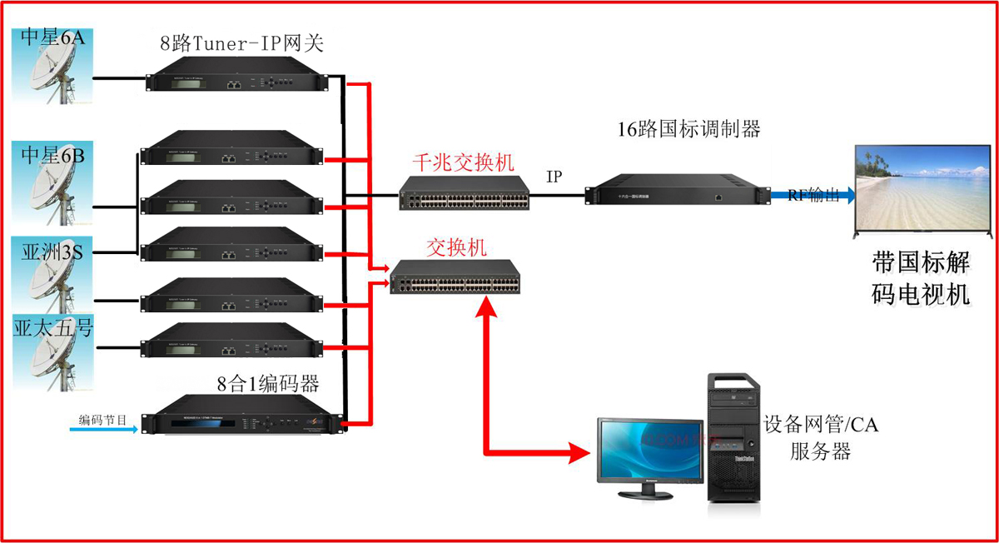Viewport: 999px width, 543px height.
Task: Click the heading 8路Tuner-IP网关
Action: point(241,43)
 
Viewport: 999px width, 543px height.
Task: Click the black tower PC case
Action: point(734,437)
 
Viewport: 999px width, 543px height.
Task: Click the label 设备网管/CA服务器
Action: point(821,438)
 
